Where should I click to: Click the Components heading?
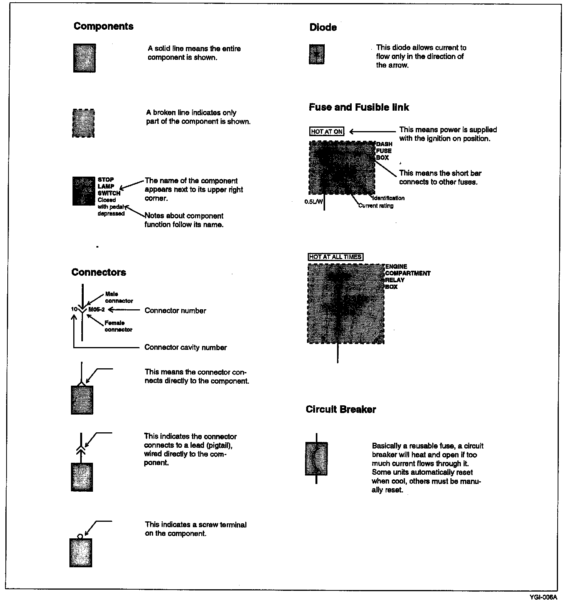click(103, 26)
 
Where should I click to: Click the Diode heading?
click(323, 27)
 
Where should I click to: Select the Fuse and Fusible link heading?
click(359, 107)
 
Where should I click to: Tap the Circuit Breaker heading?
click(341, 410)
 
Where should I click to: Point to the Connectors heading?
click(99, 272)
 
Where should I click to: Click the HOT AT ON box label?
click(327, 132)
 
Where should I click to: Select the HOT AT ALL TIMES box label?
click(336, 257)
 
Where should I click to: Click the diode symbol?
click(317, 54)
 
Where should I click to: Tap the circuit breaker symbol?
click(316, 459)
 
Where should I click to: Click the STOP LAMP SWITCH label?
click(108, 186)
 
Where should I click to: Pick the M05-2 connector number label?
click(96, 309)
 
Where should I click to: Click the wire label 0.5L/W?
click(314, 201)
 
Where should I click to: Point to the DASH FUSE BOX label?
click(384, 151)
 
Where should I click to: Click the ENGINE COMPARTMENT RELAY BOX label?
click(407, 277)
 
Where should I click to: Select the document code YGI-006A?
click(543, 597)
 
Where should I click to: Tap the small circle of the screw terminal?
click(80, 536)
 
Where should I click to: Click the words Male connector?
click(118, 297)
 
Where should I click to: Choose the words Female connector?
click(118, 326)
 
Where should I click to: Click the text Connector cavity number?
click(185, 347)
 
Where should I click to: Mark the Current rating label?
click(376, 206)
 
